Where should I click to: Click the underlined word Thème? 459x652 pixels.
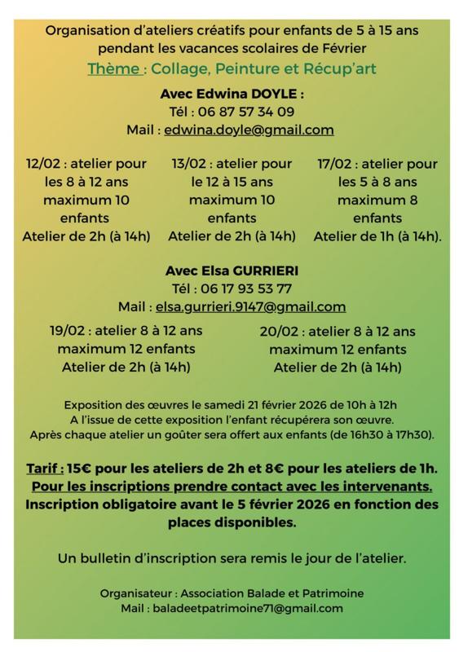click(113, 69)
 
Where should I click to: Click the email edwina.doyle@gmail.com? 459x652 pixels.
click(249, 130)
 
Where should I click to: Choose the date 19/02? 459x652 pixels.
click(68, 331)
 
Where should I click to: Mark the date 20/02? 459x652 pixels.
click(280, 332)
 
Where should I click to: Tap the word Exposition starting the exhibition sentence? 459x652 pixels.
click(95, 404)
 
